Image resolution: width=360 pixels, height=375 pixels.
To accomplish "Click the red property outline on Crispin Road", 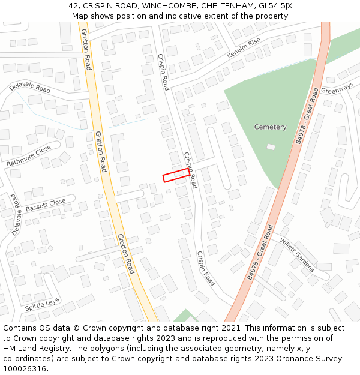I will coord(176,175).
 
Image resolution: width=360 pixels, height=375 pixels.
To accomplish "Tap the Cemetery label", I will coord(270,127).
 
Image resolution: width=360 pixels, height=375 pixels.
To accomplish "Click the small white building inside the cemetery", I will coord(271,146).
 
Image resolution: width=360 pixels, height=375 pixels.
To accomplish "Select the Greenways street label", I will coord(337,88).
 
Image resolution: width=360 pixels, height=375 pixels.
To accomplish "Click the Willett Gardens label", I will coord(296,254).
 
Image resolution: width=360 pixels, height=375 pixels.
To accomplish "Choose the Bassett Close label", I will coord(46,206).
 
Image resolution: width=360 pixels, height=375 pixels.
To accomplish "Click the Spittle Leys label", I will coord(42,304).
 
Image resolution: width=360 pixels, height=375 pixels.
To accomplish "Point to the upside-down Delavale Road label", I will coord(14,214).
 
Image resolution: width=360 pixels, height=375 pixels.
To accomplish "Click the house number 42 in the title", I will coord(74,6).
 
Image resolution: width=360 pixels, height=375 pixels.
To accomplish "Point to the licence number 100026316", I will coord(25,369).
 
